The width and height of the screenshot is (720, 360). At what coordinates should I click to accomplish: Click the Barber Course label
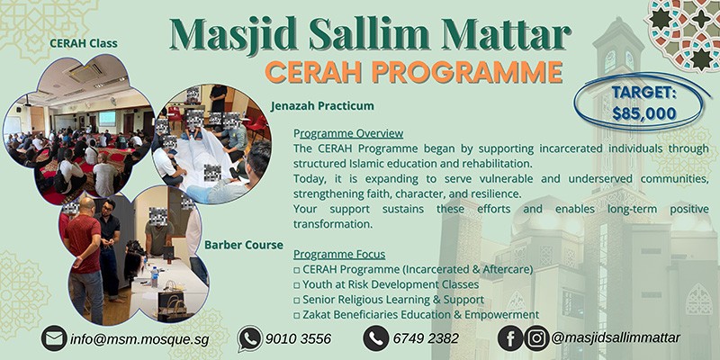(244, 244)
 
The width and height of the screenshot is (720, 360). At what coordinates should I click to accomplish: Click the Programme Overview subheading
(347, 133)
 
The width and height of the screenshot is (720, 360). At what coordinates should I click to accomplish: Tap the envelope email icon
(54, 338)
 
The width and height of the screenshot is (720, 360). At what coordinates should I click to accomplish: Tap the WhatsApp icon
(249, 338)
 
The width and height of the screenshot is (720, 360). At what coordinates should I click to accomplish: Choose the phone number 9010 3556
(298, 338)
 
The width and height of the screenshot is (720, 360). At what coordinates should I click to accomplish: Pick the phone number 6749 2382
(427, 338)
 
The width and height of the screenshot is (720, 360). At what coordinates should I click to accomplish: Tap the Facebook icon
(510, 338)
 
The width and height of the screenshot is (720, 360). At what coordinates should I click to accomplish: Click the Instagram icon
(536, 338)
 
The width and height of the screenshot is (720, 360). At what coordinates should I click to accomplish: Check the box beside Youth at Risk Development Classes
(297, 284)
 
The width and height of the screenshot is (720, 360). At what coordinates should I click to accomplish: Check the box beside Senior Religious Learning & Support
(297, 299)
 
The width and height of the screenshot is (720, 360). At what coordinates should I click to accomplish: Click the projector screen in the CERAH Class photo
(107, 118)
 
